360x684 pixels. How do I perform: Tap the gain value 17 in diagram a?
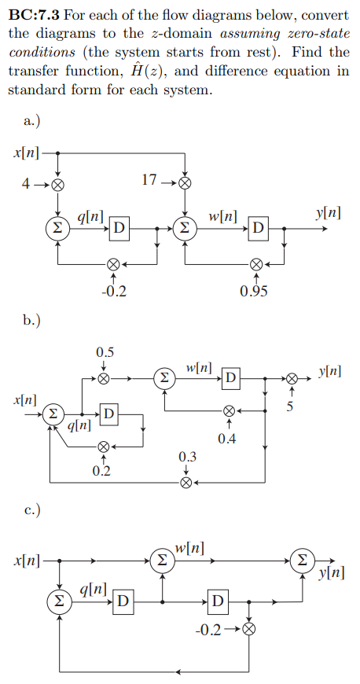click(150, 180)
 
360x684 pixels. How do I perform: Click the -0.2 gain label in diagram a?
click(114, 292)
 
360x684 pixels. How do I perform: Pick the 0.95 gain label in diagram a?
click(254, 292)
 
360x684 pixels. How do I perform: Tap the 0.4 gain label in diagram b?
click(228, 437)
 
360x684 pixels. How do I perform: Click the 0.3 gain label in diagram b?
click(187, 457)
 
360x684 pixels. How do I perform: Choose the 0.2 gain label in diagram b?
click(101, 472)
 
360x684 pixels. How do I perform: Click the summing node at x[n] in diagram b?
click(52, 414)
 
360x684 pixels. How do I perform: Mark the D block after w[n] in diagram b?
click(230, 378)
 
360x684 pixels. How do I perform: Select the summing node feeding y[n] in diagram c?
click(300, 560)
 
